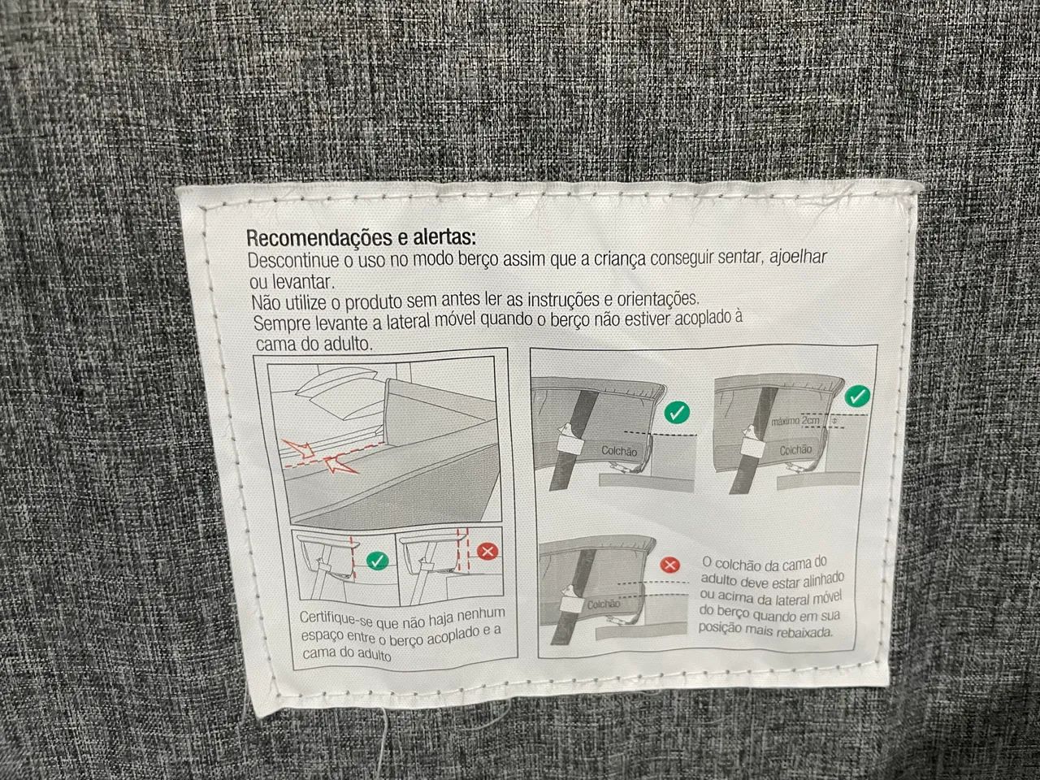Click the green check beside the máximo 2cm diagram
(x=857, y=396)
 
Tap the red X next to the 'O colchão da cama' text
(x=670, y=565)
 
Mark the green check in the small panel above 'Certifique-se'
(x=378, y=561)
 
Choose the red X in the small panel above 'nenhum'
(x=487, y=551)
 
